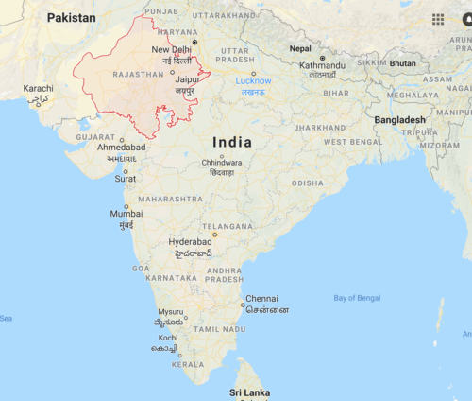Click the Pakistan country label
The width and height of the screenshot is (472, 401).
(x=72, y=18)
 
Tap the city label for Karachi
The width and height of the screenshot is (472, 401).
(x=39, y=88)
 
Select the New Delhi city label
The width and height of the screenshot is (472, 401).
(x=172, y=50)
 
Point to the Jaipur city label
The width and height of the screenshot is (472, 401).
(x=187, y=79)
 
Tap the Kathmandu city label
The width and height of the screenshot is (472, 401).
(x=323, y=64)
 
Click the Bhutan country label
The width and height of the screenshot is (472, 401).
(x=403, y=63)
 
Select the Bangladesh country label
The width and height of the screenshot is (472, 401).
(x=400, y=120)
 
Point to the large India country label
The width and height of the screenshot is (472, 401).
(x=232, y=142)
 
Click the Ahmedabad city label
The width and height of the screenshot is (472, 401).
(x=122, y=148)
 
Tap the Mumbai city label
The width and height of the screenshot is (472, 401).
(x=126, y=214)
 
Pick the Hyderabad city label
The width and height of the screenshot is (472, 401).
(x=191, y=242)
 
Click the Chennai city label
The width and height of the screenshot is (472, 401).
(x=262, y=299)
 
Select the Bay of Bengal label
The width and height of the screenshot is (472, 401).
(x=357, y=298)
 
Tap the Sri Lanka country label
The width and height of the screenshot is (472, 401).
(x=249, y=392)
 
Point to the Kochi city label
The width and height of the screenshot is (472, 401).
(x=168, y=338)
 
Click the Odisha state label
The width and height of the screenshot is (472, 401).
(x=307, y=183)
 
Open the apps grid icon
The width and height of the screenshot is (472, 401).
(x=438, y=19)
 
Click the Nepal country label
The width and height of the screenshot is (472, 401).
(x=300, y=48)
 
